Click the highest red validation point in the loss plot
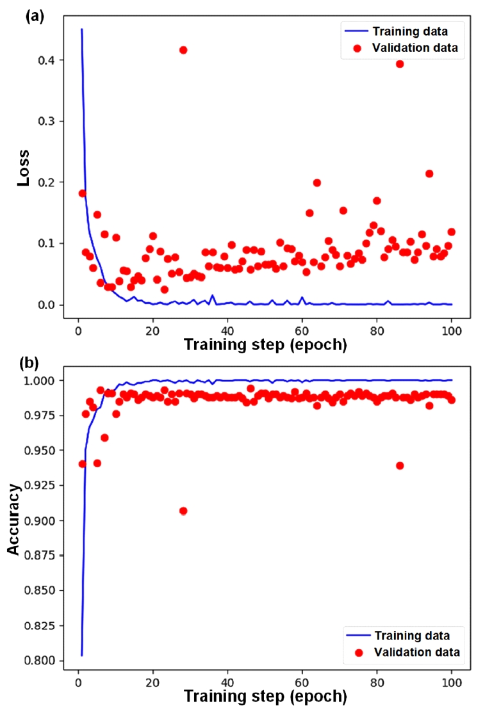coord(183,50)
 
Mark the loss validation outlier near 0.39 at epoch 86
coord(400,63)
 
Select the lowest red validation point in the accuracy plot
coord(183,511)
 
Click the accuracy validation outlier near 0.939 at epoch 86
coord(400,465)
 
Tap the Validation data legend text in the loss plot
coord(415,48)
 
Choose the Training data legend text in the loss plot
coord(410,30)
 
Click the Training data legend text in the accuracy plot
coord(412,636)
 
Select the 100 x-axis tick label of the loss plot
coord(451,332)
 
